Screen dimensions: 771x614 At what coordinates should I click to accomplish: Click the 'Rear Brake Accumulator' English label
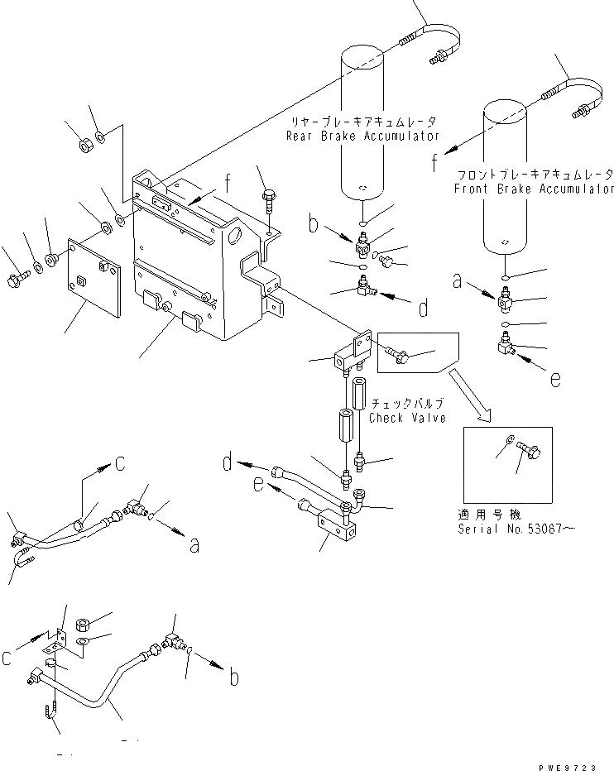362,136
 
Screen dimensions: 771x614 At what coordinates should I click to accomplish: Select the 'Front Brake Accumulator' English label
533,189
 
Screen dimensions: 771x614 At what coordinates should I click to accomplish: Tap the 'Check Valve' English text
407,418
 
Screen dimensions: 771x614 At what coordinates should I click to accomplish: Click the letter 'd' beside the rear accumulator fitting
423,309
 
